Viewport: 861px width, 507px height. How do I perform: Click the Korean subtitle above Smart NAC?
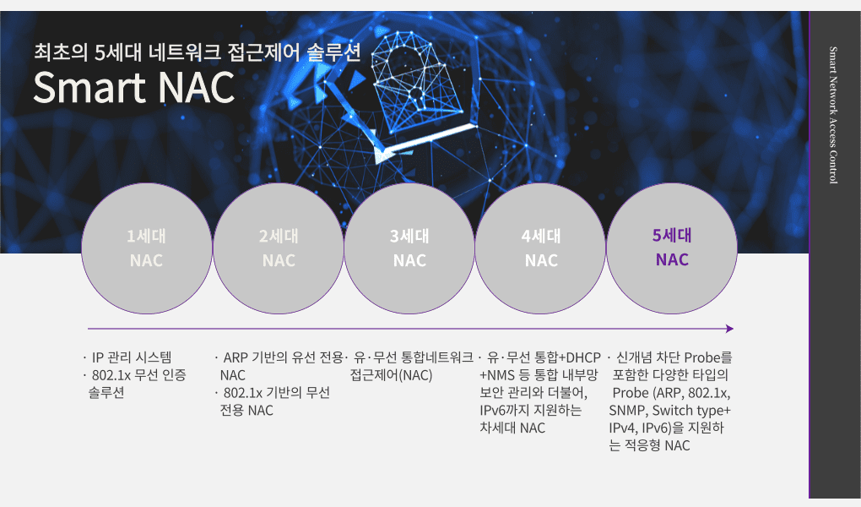(197, 53)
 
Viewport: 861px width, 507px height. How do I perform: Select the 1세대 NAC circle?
(147, 248)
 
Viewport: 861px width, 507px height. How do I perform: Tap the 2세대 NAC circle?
(279, 248)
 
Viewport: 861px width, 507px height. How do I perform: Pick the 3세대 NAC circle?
(410, 248)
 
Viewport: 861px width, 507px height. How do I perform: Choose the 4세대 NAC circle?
(541, 248)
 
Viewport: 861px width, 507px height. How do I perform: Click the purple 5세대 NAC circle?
(673, 248)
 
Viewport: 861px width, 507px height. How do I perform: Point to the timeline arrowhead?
(729, 329)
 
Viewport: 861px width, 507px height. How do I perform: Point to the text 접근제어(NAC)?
(391, 375)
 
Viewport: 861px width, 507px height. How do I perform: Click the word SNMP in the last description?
(629, 410)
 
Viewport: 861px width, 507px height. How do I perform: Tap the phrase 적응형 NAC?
(655, 445)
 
